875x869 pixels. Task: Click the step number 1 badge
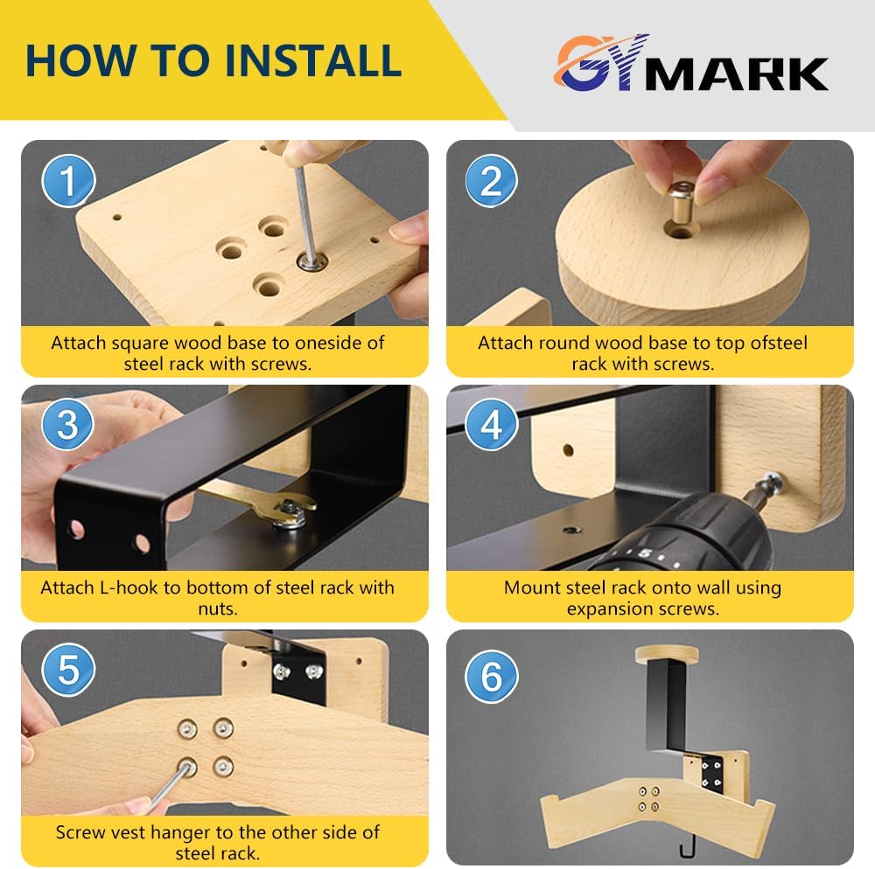pyautogui.click(x=68, y=181)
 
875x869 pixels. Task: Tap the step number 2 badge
pyautogui.click(x=492, y=181)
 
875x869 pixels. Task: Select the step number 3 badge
pyautogui.click(x=68, y=425)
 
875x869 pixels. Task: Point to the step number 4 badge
pyautogui.click(x=492, y=425)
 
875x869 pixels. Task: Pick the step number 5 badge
pyautogui.click(x=68, y=670)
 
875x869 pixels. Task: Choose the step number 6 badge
pyautogui.click(x=492, y=676)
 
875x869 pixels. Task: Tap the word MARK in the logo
pyautogui.click(x=736, y=73)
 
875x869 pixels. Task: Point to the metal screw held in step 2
pyautogui.click(x=681, y=201)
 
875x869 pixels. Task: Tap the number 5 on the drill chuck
pyautogui.click(x=645, y=553)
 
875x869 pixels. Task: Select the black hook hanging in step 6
pyautogui.click(x=689, y=845)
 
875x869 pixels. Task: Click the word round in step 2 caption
pyautogui.click(x=563, y=343)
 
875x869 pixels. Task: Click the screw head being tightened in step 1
pyautogui.click(x=312, y=261)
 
